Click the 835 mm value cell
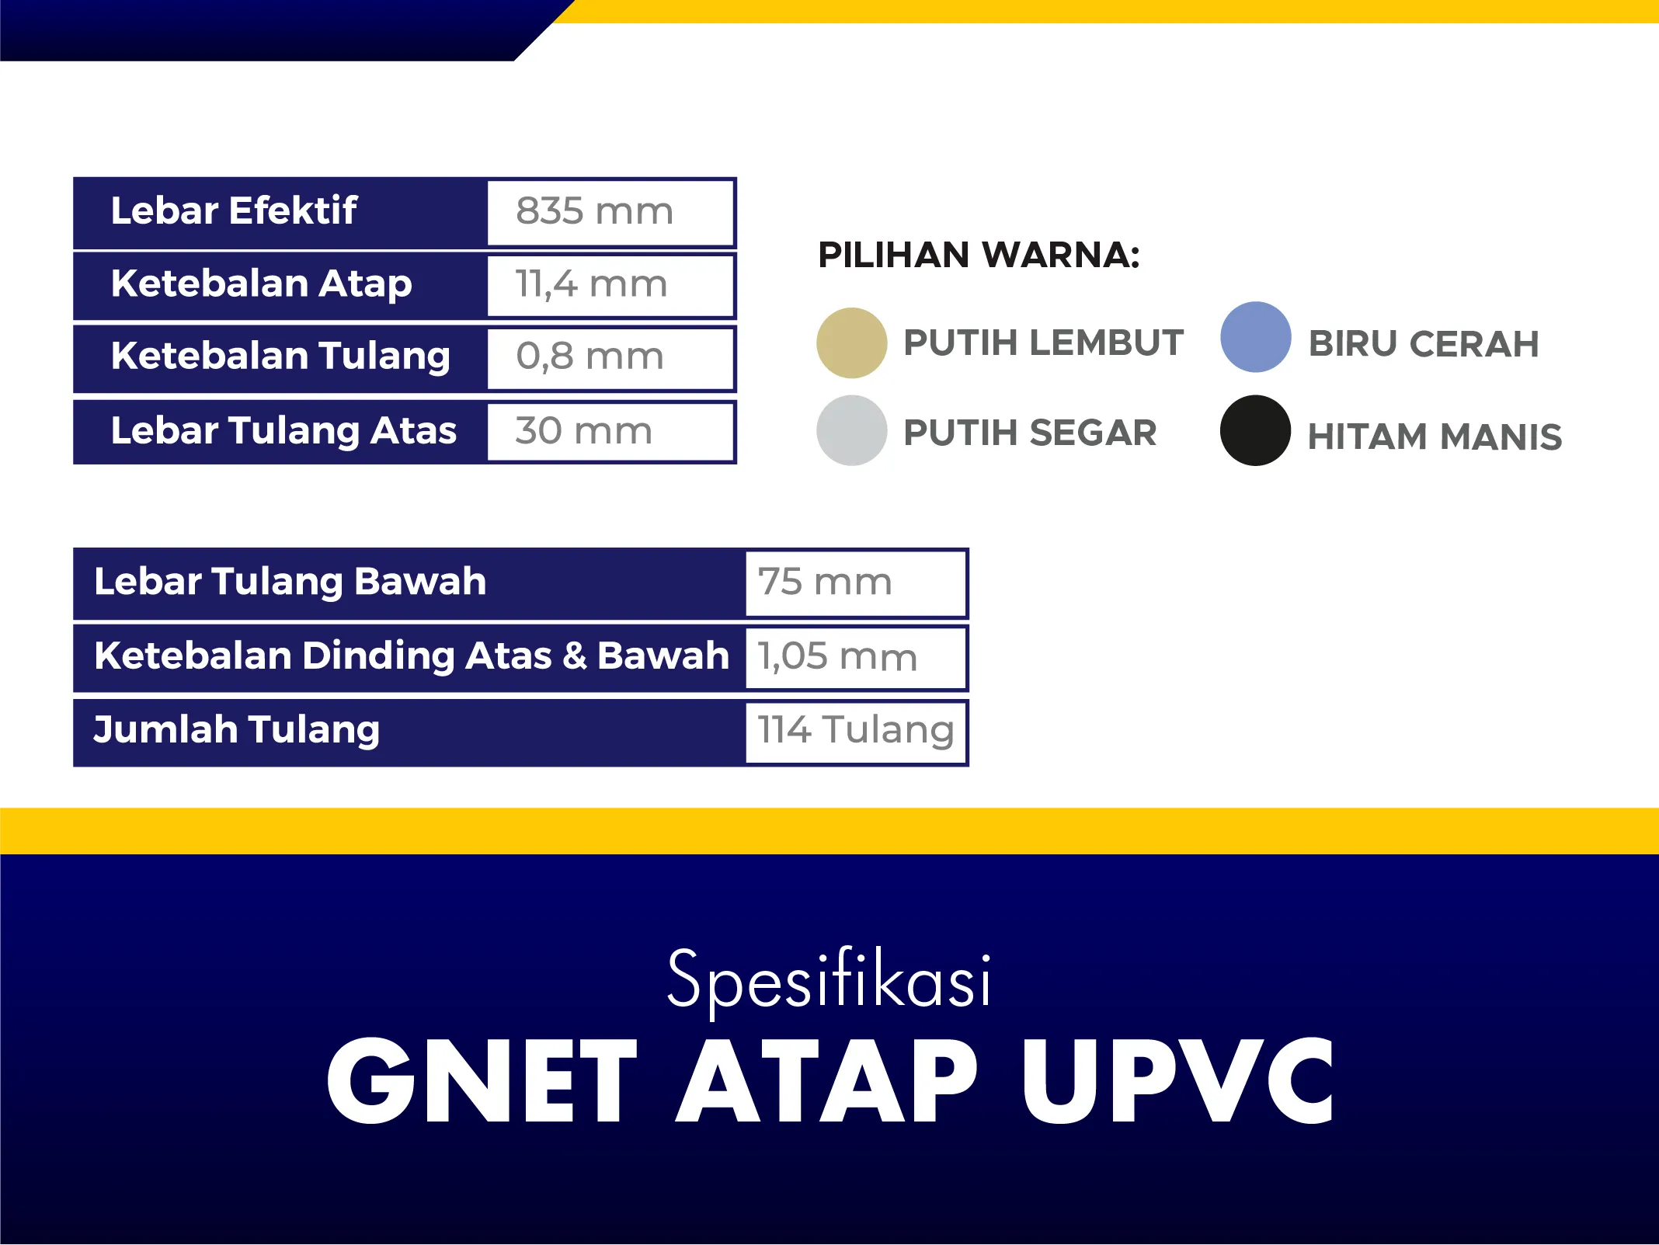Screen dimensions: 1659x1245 610,213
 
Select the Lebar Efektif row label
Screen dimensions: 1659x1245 234,210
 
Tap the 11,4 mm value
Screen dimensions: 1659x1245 591,284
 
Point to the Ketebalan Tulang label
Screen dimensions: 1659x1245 280,356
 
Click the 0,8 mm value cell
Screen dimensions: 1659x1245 610,358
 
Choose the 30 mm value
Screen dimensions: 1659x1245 583,430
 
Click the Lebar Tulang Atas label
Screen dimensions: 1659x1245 283,431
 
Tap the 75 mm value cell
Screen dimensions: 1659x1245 856,583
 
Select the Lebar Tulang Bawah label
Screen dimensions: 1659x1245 290,581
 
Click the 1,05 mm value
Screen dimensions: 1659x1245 837,656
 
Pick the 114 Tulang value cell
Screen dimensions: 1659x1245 856,732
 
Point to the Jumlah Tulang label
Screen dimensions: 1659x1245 236,730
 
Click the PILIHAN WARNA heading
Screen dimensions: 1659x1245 979,256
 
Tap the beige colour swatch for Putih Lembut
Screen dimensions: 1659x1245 851,343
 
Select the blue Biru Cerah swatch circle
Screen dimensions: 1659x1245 1255,337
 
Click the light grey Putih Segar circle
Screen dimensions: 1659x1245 851,430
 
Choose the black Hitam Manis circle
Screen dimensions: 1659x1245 1255,430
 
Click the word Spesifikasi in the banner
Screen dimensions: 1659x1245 829,981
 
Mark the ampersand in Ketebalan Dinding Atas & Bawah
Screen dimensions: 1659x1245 575,656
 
